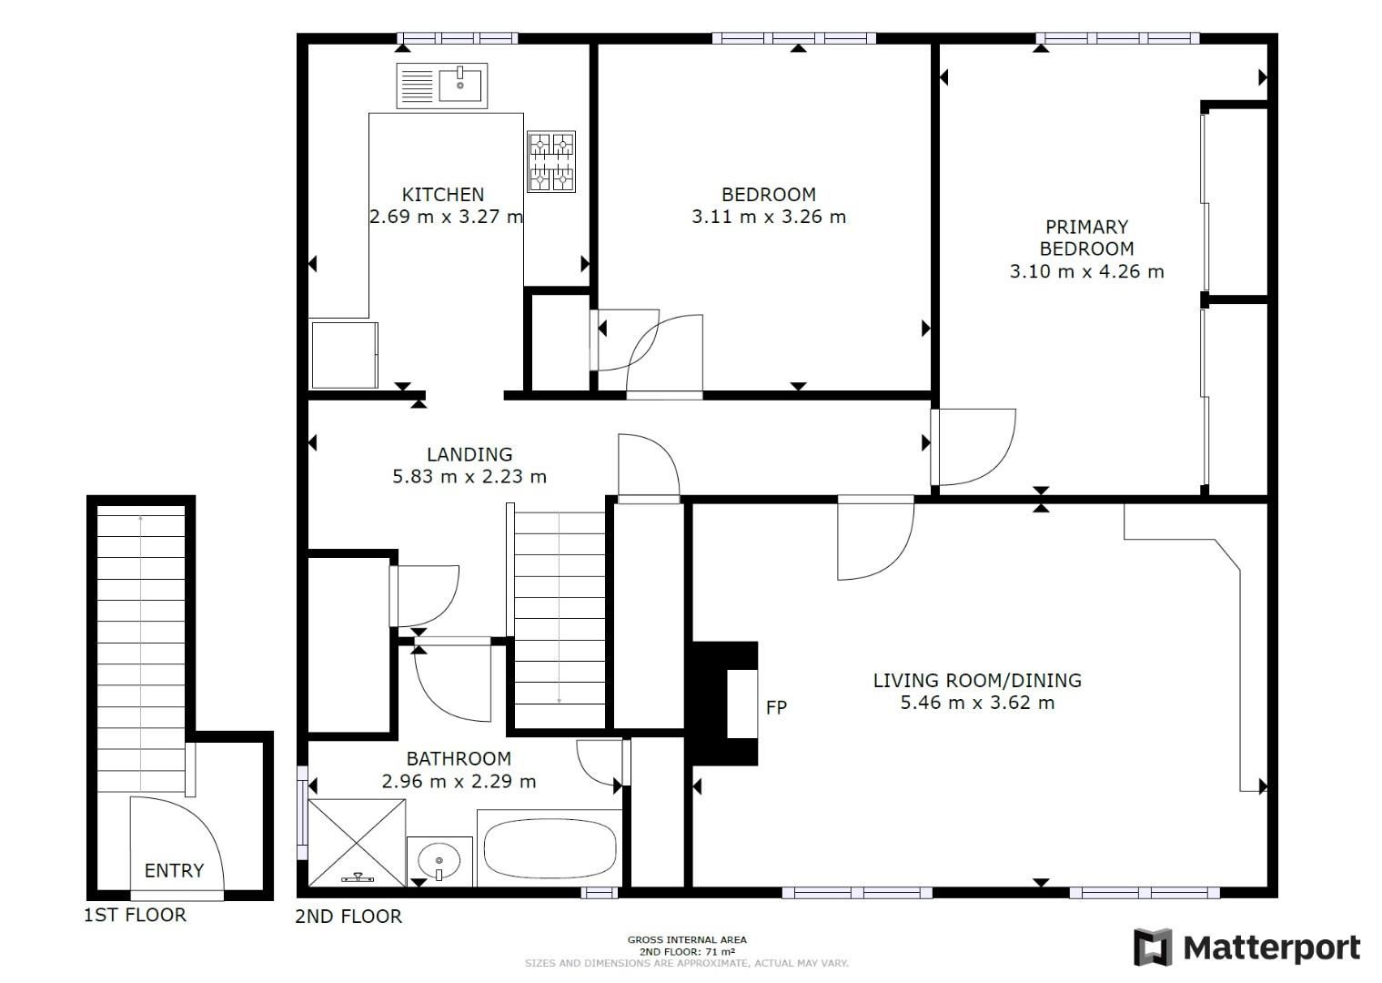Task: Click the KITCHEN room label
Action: [443, 194]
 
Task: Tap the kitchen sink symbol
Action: [442, 86]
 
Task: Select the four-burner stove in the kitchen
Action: [552, 162]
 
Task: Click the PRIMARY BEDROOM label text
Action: [1086, 238]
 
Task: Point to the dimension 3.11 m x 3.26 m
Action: [769, 217]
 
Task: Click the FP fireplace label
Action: [776, 706]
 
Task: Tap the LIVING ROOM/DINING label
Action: [977, 680]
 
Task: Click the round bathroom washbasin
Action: [439, 859]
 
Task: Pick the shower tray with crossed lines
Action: [357, 842]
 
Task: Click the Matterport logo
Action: [1246, 948]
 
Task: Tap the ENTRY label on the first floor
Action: [174, 870]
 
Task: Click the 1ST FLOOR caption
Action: [135, 915]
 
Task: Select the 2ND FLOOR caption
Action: [348, 916]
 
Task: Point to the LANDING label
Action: [469, 453]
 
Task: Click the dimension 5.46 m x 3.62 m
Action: [977, 703]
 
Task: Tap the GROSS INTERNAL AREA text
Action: [687, 939]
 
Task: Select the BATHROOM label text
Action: [459, 758]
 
